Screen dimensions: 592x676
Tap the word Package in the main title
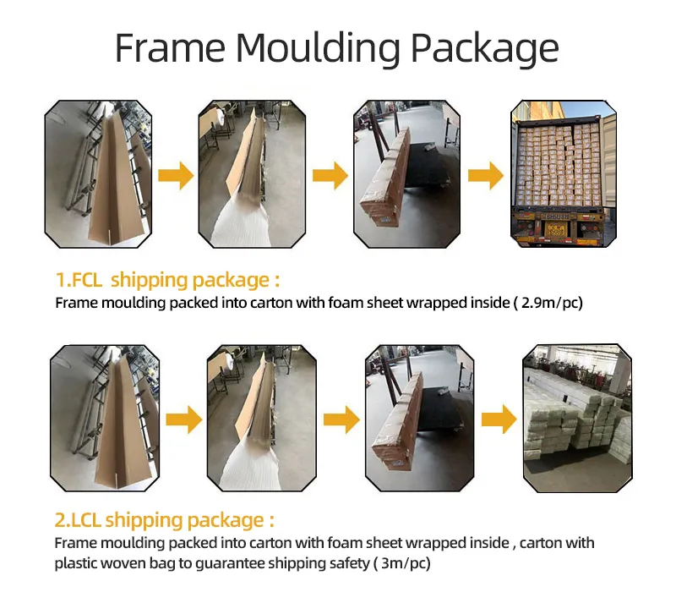point(485,48)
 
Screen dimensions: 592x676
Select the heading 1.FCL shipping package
point(167,280)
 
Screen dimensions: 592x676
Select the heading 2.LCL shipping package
point(165,519)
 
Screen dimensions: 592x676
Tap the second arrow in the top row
point(330,176)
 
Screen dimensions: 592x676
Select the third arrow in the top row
point(486,176)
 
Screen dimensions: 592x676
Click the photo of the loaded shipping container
point(564,173)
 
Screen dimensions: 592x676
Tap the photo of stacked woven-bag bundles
point(576,418)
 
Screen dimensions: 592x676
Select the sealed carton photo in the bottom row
point(417,418)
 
